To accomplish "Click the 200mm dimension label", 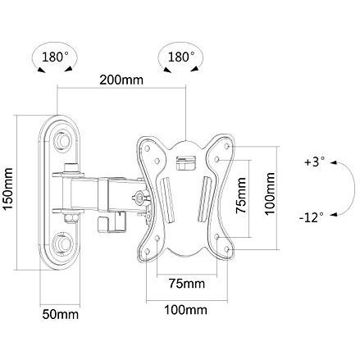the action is (x=121, y=80).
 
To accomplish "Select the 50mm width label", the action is (x=61, y=314).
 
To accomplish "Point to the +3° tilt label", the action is (x=315, y=162).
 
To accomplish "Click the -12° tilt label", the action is (x=312, y=218).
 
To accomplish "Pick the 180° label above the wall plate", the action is (x=55, y=57).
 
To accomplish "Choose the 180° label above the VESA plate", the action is (x=181, y=57).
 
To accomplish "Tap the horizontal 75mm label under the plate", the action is (x=187, y=284).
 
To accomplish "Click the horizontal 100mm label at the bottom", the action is (x=185, y=310).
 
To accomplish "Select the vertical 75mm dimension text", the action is (x=241, y=195).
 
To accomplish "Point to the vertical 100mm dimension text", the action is (x=270, y=194).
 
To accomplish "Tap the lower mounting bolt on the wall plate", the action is (x=63, y=243).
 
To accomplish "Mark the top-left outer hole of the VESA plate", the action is (x=148, y=148).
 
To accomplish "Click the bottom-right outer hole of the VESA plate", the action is (x=226, y=249).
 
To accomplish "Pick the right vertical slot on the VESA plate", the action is (x=203, y=199).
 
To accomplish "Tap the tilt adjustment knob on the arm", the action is (x=139, y=198).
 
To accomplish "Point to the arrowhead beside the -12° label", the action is (x=333, y=215).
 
